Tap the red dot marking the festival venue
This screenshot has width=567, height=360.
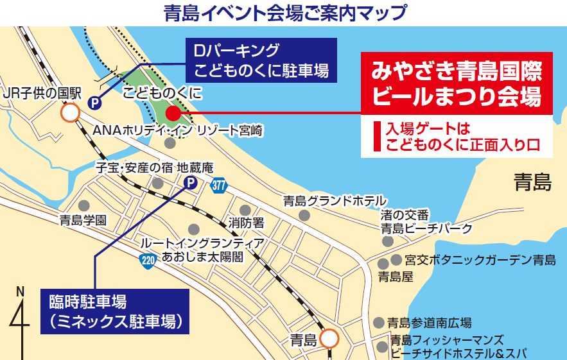click(x=172, y=114)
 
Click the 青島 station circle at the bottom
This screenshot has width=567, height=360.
click(x=329, y=338)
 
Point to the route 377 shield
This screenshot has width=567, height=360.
click(x=218, y=185)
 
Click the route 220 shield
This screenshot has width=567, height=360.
click(x=147, y=261)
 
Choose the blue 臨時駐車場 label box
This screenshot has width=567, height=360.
click(x=116, y=311)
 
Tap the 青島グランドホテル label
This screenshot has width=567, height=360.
click(x=334, y=201)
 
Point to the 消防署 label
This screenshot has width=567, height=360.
click(x=246, y=223)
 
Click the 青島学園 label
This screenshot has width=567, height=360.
click(x=83, y=221)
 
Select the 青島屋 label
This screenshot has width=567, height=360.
click(x=395, y=277)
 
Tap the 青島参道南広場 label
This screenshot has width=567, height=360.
click(x=430, y=323)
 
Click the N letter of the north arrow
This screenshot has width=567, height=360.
click(x=20, y=291)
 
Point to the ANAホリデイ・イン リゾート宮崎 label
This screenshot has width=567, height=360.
click(x=178, y=131)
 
